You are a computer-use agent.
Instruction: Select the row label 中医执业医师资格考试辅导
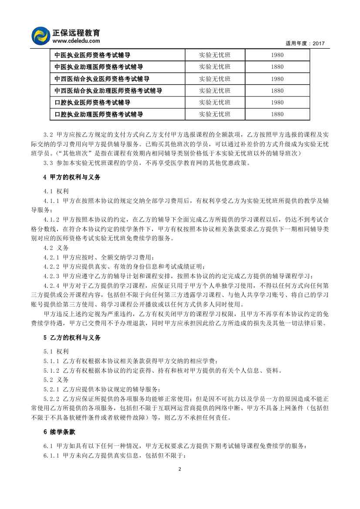pyautogui.click(x=92, y=55)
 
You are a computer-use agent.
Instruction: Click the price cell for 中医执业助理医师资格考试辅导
pyautogui.click(x=277, y=67)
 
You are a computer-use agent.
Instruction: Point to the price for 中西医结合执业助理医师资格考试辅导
pyautogui.click(x=277, y=91)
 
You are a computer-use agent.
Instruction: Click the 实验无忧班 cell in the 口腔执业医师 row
pyautogui.click(x=215, y=103)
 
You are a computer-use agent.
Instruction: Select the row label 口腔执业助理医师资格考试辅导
pyautogui.click(x=99, y=115)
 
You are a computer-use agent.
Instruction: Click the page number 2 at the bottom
pyautogui.click(x=180, y=469)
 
